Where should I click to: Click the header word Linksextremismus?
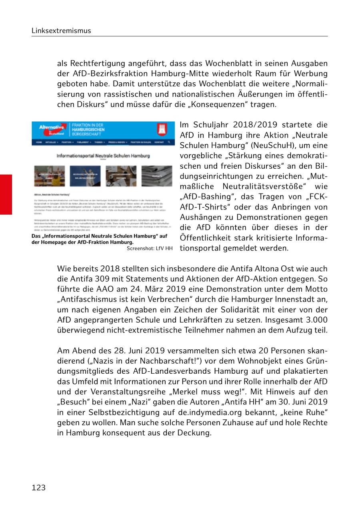point(61,31)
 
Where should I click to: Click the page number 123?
point(39,488)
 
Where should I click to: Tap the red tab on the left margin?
point(6,195)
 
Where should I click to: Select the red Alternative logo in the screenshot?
point(52,129)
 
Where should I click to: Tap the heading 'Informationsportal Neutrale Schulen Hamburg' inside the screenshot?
point(103,155)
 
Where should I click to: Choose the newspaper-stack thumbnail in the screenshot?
point(157,176)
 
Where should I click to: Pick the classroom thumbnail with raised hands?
point(49,176)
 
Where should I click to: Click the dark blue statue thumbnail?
point(85,176)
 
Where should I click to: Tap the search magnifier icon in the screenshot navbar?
point(169,142)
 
